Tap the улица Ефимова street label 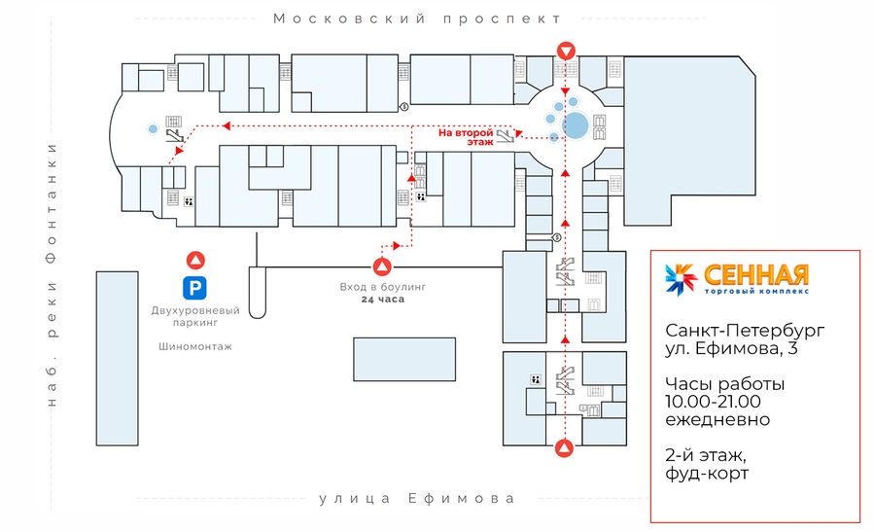[416, 499]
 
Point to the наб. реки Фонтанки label [52, 274]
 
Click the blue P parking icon [196, 287]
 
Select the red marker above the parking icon [196, 260]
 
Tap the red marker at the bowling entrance [383, 266]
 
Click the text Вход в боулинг [383, 287]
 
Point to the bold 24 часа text [383, 300]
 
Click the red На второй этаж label [466, 136]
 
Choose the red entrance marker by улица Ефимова [563, 448]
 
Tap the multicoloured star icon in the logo [681, 278]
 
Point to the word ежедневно [717, 419]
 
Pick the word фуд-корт [706, 474]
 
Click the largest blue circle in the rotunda [576, 125]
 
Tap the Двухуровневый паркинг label [195, 315]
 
